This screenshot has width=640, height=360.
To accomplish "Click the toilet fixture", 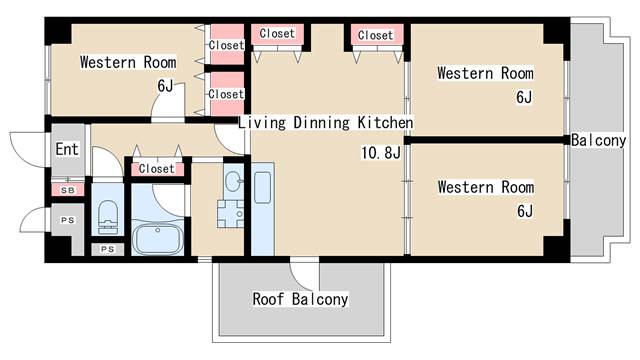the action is (108, 216).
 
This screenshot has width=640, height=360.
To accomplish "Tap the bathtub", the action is (157, 238).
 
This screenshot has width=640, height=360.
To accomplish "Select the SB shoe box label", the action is (68, 190).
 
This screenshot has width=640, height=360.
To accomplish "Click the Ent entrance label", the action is (67, 149).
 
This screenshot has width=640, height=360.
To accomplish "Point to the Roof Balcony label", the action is (300, 299).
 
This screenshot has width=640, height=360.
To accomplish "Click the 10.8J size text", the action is (381, 153).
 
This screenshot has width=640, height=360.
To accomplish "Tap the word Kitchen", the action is (385, 122).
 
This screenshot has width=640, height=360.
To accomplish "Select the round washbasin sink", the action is (233, 181).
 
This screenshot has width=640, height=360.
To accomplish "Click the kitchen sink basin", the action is (262, 188).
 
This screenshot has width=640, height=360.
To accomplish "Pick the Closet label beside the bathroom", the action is (156, 169).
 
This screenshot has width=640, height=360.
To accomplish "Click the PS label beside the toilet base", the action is (107, 249).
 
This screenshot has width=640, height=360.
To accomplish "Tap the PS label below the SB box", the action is (68, 220).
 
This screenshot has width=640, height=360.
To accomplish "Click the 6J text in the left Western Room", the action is (165, 86).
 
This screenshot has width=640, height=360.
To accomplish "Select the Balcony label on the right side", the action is (598, 140).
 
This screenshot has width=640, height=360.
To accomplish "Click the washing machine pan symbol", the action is (230, 213).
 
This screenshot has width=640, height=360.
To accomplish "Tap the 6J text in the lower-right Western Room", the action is (525, 211).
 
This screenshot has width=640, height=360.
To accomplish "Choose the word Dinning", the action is (322, 123).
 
